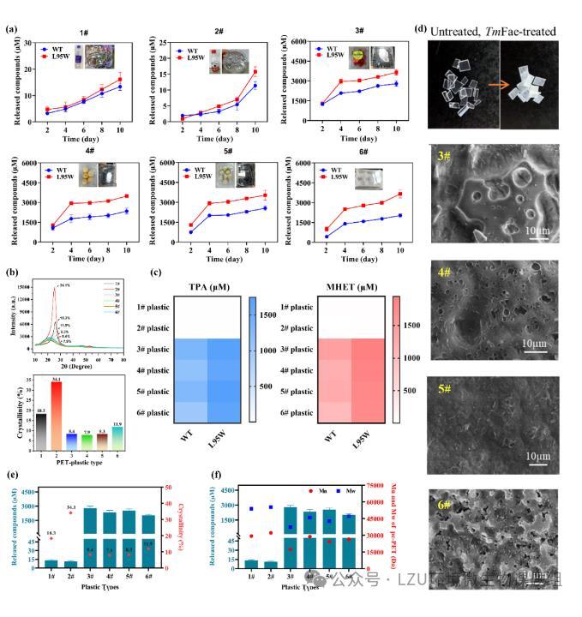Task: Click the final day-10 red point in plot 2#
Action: pos(255,72)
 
